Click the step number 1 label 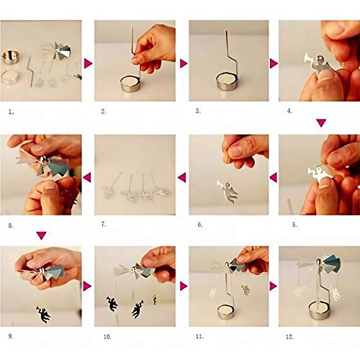click(x=11, y=112)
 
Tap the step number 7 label click(x=104, y=225)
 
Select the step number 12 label click(x=289, y=337)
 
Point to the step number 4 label click(x=289, y=111)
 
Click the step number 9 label click(x=11, y=336)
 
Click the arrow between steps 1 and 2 click(x=88, y=63)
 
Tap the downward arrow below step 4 click(x=321, y=122)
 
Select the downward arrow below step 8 click(x=41, y=235)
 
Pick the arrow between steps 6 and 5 click(x=274, y=177)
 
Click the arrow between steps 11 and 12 click(x=274, y=286)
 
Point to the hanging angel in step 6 click(x=228, y=191)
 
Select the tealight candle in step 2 click(x=131, y=84)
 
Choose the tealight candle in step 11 click(x=227, y=312)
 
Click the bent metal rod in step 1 click(x=30, y=71)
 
